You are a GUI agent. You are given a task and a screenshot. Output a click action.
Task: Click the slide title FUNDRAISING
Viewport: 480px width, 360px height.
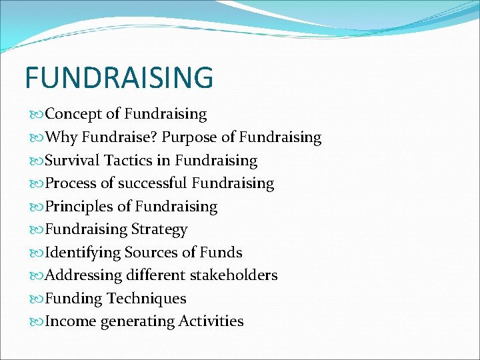click(119, 77)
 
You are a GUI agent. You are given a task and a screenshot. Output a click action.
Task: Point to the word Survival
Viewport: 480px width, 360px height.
click(72, 161)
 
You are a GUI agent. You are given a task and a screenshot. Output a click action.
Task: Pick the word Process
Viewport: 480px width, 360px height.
click(70, 183)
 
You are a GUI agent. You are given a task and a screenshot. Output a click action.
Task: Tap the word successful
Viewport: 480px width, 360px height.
click(151, 183)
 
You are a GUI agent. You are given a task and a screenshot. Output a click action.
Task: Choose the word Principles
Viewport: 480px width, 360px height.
click(79, 207)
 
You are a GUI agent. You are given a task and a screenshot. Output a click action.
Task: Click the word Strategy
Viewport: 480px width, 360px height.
click(159, 230)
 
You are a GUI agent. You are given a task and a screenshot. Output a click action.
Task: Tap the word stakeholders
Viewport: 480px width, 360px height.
click(234, 275)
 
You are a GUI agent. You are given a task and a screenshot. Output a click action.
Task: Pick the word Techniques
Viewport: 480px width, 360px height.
click(147, 299)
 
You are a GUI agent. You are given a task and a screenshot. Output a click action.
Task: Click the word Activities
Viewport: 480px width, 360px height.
click(211, 321)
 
